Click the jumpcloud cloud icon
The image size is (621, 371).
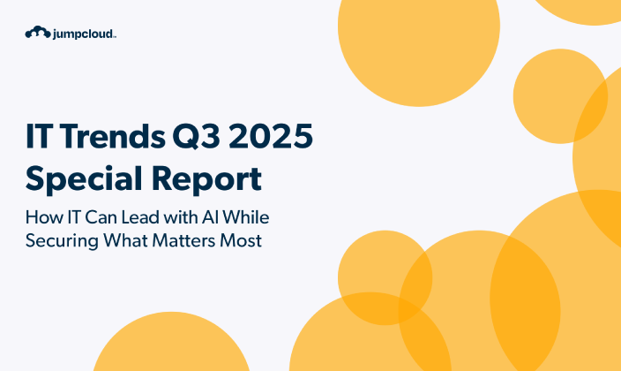36,33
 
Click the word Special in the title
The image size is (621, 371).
81,179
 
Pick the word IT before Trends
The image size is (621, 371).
41,139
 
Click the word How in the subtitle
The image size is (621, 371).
42,217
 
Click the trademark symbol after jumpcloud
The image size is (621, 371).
115,36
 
